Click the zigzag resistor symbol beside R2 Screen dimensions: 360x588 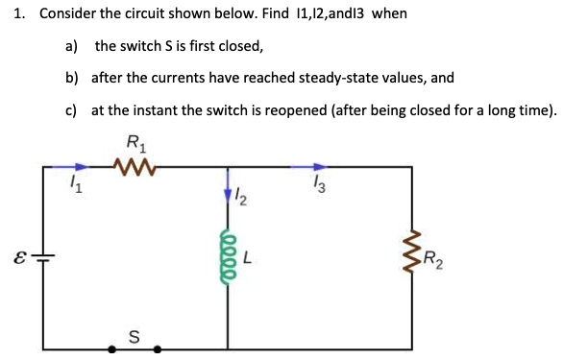tap(414, 255)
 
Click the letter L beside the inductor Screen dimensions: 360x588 tap(247, 257)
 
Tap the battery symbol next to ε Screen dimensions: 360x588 tap(45, 257)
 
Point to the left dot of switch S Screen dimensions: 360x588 tap(112, 349)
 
